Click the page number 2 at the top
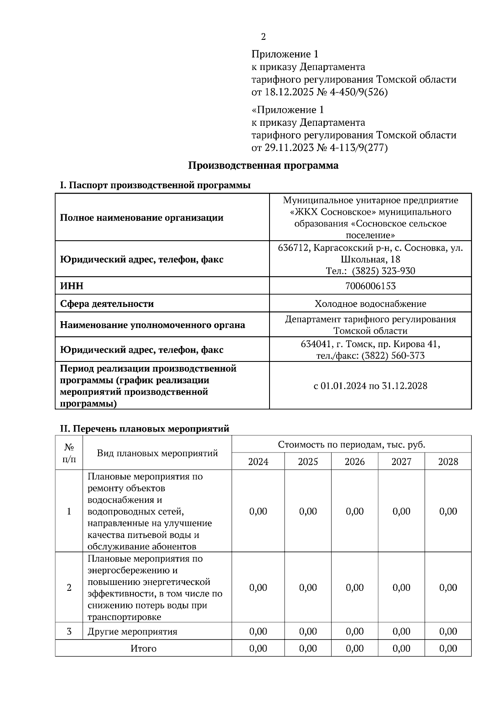[263, 37]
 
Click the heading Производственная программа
[263, 166]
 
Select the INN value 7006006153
[370, 286]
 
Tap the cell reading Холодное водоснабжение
[370, 304]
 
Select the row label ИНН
[72, 286]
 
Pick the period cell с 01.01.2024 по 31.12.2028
[370, 386]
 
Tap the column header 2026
[355, 462]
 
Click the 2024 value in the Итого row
[258, 649]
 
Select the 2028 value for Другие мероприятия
[448, 631]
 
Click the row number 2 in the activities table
[69, 587]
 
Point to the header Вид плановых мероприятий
[157, 453]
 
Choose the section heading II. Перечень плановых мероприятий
[145, 429]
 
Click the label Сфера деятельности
[107, 304]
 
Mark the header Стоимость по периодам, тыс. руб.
[351, 445]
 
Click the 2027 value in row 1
[401, 511]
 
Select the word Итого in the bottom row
[143, 649]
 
